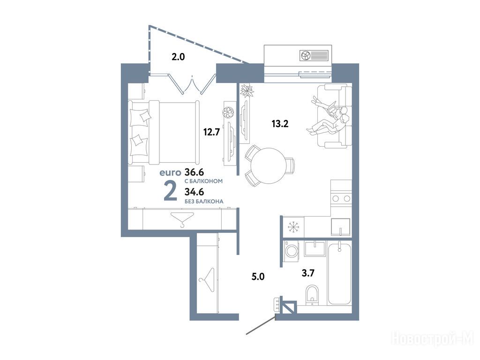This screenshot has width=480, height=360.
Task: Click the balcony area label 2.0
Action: click(x=178, y=57)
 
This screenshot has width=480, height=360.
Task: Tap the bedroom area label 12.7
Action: click(x=211, y=132)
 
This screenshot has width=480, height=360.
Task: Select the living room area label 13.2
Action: click(x=280, y=124)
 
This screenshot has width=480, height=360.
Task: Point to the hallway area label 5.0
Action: click(x=258, y=277)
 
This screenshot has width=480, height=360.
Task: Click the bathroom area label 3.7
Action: click(x=308, y=273)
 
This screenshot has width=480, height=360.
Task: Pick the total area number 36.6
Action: click(x=195, y=172)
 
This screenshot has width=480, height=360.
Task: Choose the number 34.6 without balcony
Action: click(x=195, y=192)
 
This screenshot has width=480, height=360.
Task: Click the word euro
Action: click(x=171, y=172)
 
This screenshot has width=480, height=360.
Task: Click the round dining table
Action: click(x=268, y=165)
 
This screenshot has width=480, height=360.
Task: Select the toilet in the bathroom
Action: click(x=312, y=294)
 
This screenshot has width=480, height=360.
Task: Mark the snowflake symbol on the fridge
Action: click(x=293, y=227)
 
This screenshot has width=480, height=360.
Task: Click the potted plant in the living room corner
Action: click(x=247, y=90)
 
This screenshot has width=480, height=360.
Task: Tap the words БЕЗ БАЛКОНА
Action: click(x=204, y=202)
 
